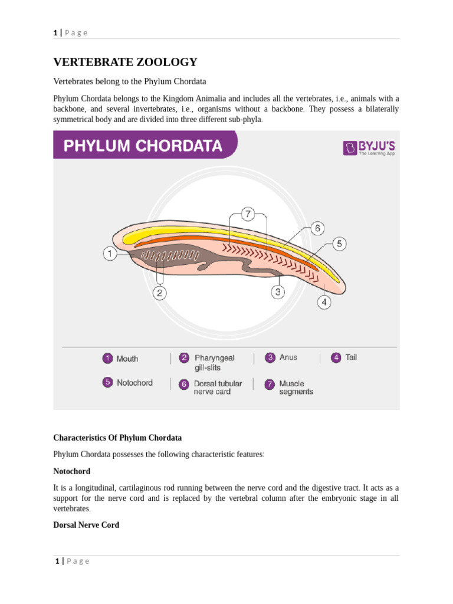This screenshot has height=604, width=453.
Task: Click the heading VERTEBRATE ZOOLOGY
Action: [x=125, y=63]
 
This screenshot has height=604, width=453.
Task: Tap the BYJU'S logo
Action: [x=370, y=147]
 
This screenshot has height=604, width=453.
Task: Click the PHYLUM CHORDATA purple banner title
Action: [x=143, y=146]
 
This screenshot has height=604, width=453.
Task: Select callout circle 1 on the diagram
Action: [x=110, y=254]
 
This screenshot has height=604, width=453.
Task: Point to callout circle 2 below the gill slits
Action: [x=160, y=293]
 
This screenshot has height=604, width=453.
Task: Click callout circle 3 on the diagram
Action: [x=278, y=291]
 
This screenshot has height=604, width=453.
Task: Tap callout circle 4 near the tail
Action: [x=324, y=303]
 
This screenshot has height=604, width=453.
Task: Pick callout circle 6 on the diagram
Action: [x=317, y=228]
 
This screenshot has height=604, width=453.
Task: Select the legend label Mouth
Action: [x=127, y=359]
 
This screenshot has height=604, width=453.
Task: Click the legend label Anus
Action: [x=288, y=357]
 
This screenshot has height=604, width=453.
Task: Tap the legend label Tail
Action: [x=351, y=357]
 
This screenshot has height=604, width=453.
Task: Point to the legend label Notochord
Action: [x=134, y=383]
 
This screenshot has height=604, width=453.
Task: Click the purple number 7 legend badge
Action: [x=270, y=384]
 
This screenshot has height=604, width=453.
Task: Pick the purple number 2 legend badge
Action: [x=185, y=358]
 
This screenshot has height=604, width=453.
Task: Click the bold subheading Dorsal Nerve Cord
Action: [x=86, y=525]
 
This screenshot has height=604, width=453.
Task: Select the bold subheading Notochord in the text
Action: [x=72, y=471]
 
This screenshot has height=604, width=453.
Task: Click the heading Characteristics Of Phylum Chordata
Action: [x=117, y=438]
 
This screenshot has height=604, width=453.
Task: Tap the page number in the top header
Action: [x=55, y=32]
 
